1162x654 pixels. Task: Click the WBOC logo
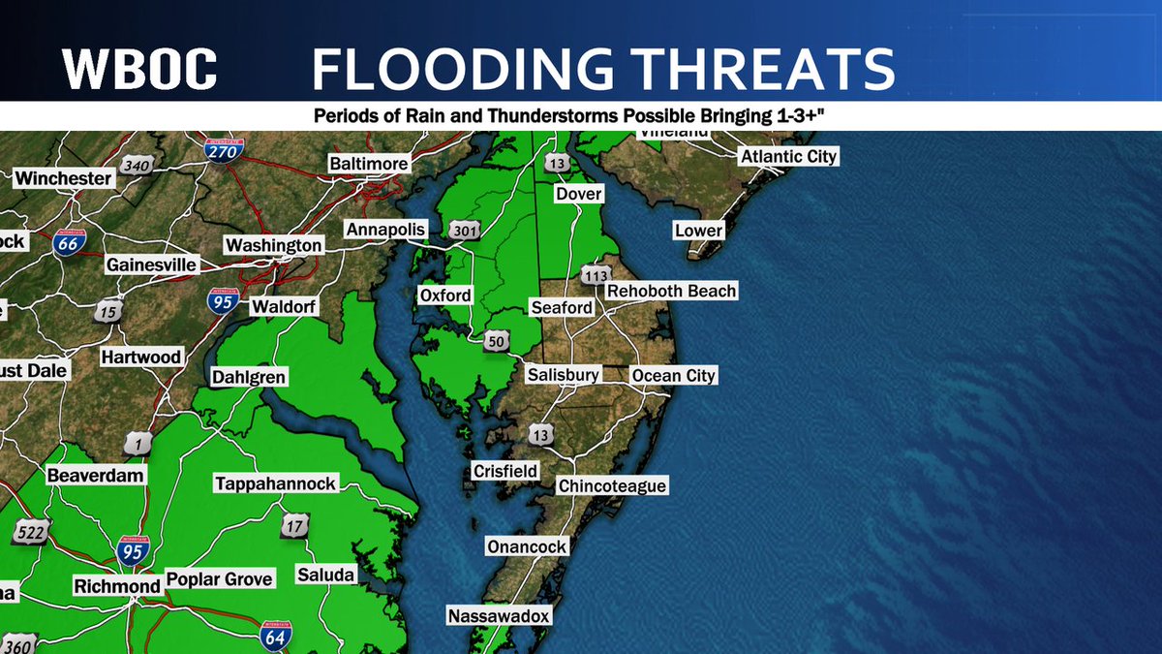click(x=139, y=70)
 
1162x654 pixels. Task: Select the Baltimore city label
click(x=368, y=164)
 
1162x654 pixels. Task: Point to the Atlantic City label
click(x=788, y=156)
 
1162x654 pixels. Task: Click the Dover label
click(x=578, y=194)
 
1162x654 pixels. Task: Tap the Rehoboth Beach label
click(x=671, y=291)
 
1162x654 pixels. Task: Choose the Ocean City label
click(x=673, y=375)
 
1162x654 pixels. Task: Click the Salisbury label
click(x=564, y=374)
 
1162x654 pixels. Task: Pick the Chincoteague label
click(x=612, y=485)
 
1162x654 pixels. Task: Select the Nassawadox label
click(x=499, y=615)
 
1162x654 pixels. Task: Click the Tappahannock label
click(x=275, y=483)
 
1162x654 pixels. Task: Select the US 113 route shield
click(x=596, y=275)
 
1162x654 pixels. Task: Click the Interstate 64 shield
click(x=275, y=636)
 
